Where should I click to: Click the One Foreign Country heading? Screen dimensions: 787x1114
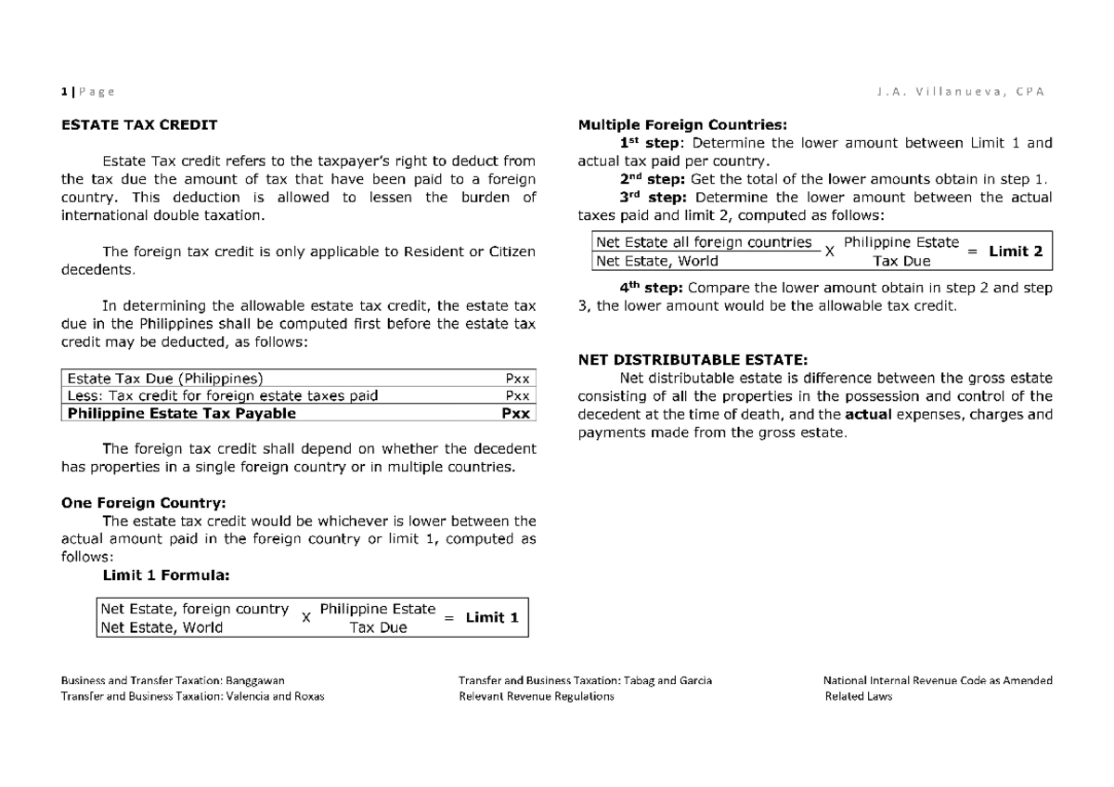pyautogui.click(x=143, y=503)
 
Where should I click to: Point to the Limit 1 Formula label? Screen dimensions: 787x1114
pyautogui.click(x=164, y=575)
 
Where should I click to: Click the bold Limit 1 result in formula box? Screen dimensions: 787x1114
pyautogui.click(x=491, y=617)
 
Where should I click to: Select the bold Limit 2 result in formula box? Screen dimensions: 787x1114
pyautogui.click(x=1016, y=251)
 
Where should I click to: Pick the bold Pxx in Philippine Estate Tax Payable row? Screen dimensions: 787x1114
pyautogui.click(x=516, y=414)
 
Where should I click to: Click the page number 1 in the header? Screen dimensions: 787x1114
pyautogui.click(x=63, y=91)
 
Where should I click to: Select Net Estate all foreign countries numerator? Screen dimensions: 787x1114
pyautogui.click(x=704, y=242)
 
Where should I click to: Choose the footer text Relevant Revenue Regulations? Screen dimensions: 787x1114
pyautogui.click(x=537, y=697)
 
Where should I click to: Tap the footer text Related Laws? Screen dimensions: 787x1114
pyautogui.click(x=858, y=697)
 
